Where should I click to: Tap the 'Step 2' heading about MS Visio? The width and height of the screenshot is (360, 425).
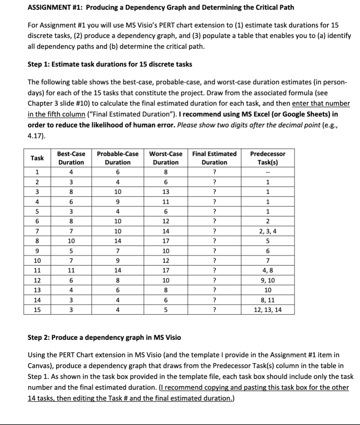click(104, 337)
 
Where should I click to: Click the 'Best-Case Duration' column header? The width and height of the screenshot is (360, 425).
click(72, 158)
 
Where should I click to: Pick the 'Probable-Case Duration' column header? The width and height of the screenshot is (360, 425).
click(117, 158)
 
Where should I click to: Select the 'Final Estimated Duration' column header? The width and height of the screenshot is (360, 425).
click(215, 158)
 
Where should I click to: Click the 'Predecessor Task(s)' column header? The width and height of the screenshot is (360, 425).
click(268, 158)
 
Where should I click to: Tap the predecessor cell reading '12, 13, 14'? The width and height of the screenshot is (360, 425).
click(268, 309)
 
